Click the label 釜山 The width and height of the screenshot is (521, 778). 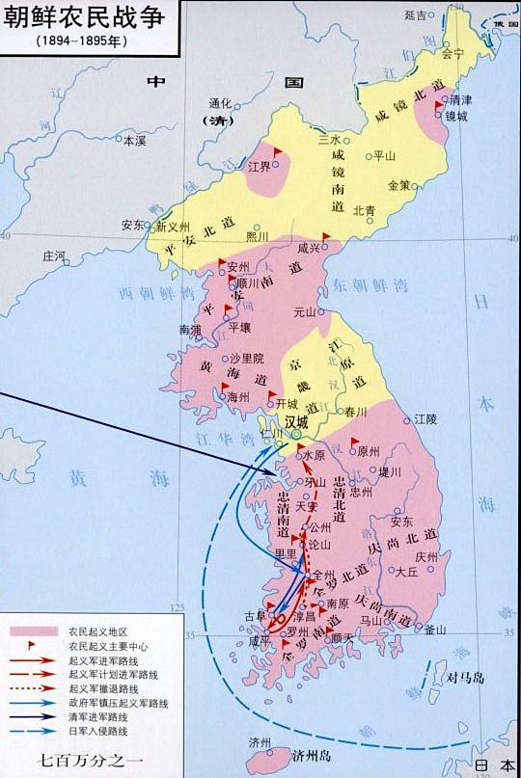point(435,630)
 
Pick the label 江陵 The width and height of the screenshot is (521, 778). point(425,418)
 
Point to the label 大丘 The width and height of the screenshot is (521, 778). point(407,571)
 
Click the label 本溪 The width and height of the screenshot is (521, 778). point(133,141)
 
